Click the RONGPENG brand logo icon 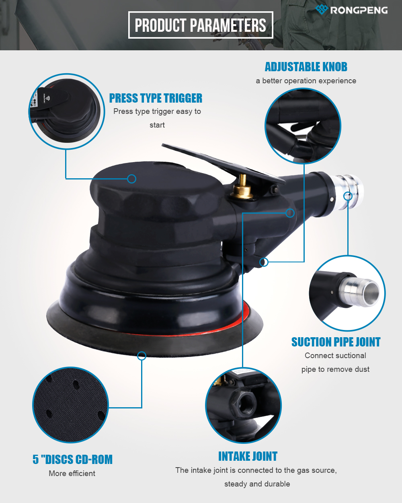point(322,9)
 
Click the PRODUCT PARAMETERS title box point(201,25)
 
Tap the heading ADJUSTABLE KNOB point(306,67)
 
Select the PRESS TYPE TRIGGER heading point(156,98)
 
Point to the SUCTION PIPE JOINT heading point(336,342)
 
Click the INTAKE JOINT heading point(248,456)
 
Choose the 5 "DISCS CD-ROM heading point(73,459)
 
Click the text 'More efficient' point(72,473)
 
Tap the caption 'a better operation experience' point(306,81)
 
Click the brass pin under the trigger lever point(243,187)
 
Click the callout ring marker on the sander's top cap point(132,179)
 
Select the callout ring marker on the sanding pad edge point(142,356)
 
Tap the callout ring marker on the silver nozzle point(348,196)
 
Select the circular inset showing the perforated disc point(70,405)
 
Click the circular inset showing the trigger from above point(67,111)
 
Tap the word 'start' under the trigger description point(157,125)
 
